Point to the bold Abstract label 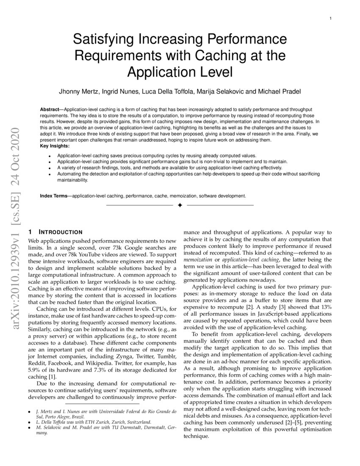pyautogui.click(x=49, y=109)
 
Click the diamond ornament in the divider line pyautogui.click(x=180, y=205)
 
